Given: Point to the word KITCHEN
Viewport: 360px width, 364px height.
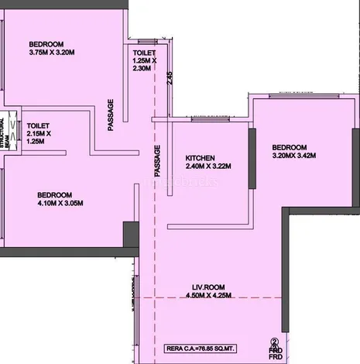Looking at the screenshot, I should (200, 156).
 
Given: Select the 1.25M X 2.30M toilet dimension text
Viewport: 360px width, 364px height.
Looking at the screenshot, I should (145, 64).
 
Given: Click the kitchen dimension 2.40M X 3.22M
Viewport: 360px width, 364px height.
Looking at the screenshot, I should (208, 166).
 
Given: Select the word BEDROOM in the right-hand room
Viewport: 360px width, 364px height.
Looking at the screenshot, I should (289, 147).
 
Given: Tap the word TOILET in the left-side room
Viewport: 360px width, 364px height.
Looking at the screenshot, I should (39, 125).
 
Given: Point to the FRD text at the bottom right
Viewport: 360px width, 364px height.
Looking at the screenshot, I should (273, 353).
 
